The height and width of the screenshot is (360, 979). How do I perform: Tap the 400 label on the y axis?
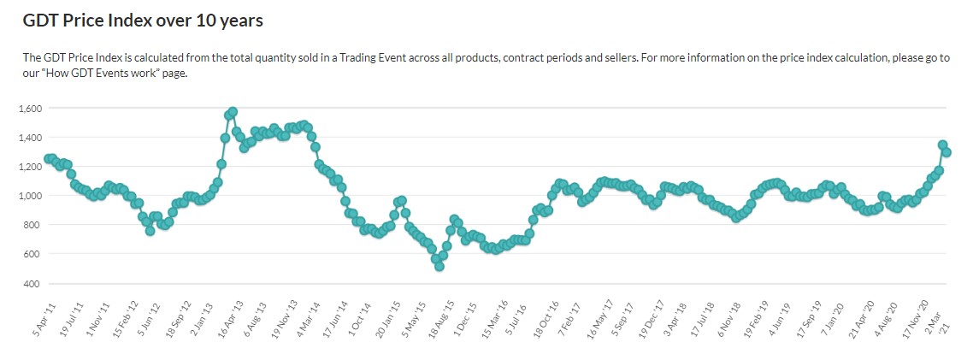pyautogui.click(x=34, y=283)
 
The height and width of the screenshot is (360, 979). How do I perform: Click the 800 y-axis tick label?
pyautogui.click(x=34, y=225)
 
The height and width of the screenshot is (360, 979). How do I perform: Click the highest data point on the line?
pyautogui.click(x=233, y=112)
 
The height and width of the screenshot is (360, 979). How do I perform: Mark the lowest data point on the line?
pyautogui.click(x=439, y=266)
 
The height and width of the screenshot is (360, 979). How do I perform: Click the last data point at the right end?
pyautogui.click(x=947, y=152)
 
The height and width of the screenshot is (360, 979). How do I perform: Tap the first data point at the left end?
pyautogui.click(x=48, y=159)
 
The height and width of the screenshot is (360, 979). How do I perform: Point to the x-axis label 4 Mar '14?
pyautogui.click(x=309, y=317)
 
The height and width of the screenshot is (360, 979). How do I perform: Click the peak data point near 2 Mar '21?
pyautogui.click(x=942, y=145)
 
